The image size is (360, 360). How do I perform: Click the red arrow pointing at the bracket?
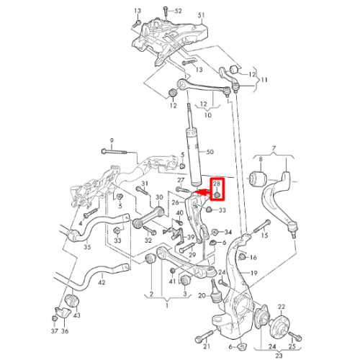[202, 192]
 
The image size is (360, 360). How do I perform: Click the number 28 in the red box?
[217, 184]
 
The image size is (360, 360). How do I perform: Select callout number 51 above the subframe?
[201, 15]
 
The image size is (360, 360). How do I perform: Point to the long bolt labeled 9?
[114, 152]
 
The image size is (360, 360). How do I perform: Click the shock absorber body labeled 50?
[194, 156]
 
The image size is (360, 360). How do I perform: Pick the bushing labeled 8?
[258, 179]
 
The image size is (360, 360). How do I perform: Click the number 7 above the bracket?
[274, 149]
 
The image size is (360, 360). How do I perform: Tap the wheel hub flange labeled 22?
[280, 322]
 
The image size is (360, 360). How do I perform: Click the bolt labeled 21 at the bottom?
[204, 336]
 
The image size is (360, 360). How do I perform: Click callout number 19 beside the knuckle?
[253, 273]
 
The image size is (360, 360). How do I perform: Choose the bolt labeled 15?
[261, 226]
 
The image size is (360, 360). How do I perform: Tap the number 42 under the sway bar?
[102, 282]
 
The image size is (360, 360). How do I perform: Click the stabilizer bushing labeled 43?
[72, 300]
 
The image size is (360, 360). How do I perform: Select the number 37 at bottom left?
[55, 331]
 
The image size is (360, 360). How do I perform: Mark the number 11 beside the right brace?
[264, 80]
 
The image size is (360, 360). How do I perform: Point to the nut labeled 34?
[215, 232]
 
